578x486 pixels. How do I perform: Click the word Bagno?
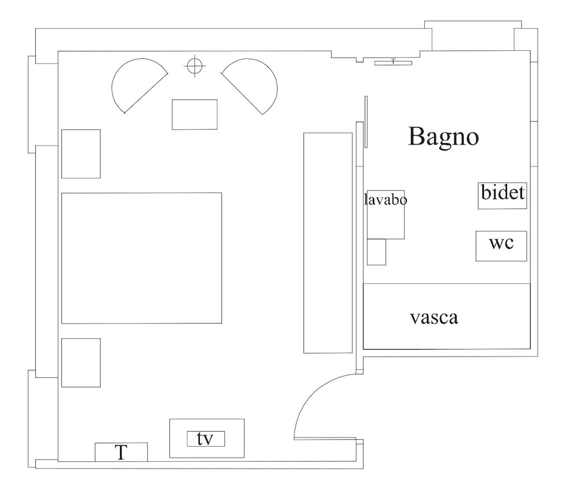[x=443, y=137]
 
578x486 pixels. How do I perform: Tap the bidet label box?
[x=502, y=195]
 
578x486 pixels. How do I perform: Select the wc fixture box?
[x=501, y=246]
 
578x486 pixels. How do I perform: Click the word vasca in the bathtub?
[x=433, y=317]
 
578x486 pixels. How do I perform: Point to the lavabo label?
[x=386, y=200]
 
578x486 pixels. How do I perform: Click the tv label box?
[x=205, y=439]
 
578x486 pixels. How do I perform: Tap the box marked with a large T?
[x=121, y=452]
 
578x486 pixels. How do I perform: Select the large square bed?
[x=141, y=258]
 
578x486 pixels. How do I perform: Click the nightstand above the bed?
[x=81, y=154]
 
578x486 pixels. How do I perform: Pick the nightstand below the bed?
[x=81, y=362]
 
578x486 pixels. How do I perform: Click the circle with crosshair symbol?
[x=195, y=66]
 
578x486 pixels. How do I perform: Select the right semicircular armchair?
[x=253, y=84]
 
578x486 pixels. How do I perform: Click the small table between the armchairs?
[x=195, y=114]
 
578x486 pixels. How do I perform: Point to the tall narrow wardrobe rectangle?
[x=328, y=243]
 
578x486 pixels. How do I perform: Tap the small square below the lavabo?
[x=376, y=252]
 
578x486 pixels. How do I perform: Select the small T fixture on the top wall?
[x=393, y=62]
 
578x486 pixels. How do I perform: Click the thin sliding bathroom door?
[x=366, y=121]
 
